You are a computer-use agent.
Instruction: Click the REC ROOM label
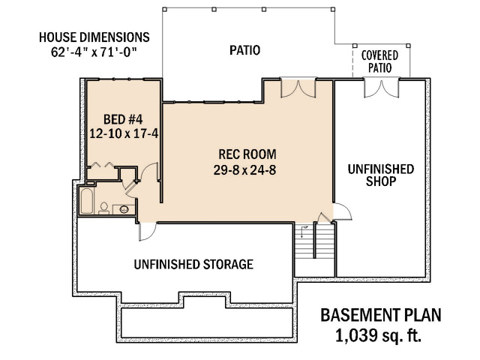tap(247, 154)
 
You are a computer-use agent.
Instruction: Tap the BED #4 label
tap(123, 119)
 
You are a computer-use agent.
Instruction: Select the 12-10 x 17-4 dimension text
tap(124, 133)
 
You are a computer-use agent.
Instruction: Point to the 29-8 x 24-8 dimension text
tap(244, 170)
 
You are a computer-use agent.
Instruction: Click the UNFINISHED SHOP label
tap(381, 175)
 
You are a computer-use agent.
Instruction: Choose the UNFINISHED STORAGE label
tap(193, 264)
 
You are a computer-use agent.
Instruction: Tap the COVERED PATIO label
tap(380, 61)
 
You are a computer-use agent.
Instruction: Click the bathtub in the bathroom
tap(86, 201)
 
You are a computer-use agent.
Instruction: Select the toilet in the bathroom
tap(103, 208)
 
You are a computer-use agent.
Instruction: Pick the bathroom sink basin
tap(124, 209)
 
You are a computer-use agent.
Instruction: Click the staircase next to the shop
tap(314, 241)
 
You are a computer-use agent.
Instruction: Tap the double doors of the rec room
tap(298, 89)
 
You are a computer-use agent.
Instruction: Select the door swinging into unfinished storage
tap(147, 232)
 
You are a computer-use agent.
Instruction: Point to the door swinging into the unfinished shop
tap(342, 211)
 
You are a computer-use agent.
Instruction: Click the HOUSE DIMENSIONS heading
tap(94, 37)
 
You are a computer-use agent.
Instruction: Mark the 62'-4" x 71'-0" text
tap(94, 52)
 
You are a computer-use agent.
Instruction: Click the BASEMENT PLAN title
tap(381, 315)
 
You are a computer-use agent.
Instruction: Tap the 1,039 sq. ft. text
tap(378, 335)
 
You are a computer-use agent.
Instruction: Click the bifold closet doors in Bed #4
tap(101, 165)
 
